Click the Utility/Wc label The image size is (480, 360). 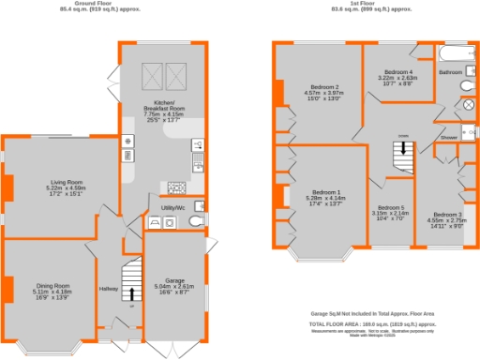pyautogui.click(x=172, y=205)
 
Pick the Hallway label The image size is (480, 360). pyautogui.click(x=110, y=289)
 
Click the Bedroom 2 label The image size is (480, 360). pyautogui.click(x=322, y=87)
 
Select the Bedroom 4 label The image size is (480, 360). pyautogui.click(x=397, y=72)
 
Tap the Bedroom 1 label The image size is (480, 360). pyautogui.click(x=321, y=191)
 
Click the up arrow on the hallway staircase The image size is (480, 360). pyautogui.click(x=131, y=293)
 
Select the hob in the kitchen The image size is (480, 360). pyautogui.click(x=175, y=186)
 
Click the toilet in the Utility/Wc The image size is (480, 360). pyautogui.click(x=193, y=222)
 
